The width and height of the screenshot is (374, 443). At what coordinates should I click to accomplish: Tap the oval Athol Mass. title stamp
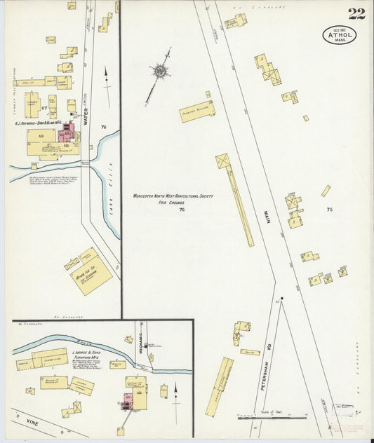pyautogui.click(x=340, y=34)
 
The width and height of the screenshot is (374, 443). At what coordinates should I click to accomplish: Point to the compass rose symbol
pyautogui.click(x=161, y=70)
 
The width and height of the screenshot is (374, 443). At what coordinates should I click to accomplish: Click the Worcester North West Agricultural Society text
pyautogui.click(x=173, y=197)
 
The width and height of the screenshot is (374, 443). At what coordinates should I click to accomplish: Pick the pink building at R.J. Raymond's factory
pyautogui.click(x=69, y=132)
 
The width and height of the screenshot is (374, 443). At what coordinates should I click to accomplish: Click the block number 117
pyautogui.click(x=44, y=108)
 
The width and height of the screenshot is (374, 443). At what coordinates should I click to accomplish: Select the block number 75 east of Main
pyautogui.click(x=329, y=210)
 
